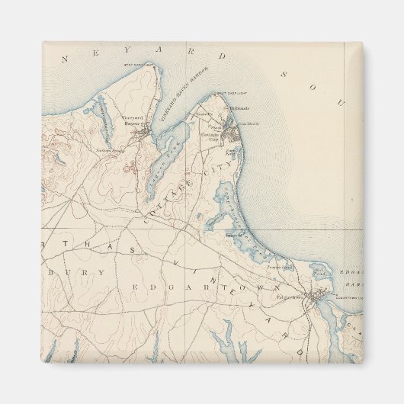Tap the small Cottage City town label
tap(210, 133)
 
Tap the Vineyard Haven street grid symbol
tap(144, 135)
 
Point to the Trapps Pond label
tap(279, 268)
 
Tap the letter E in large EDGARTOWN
tap(134, 287)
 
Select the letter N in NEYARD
tap(66, 58)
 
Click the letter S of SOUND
tap(280, 75)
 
